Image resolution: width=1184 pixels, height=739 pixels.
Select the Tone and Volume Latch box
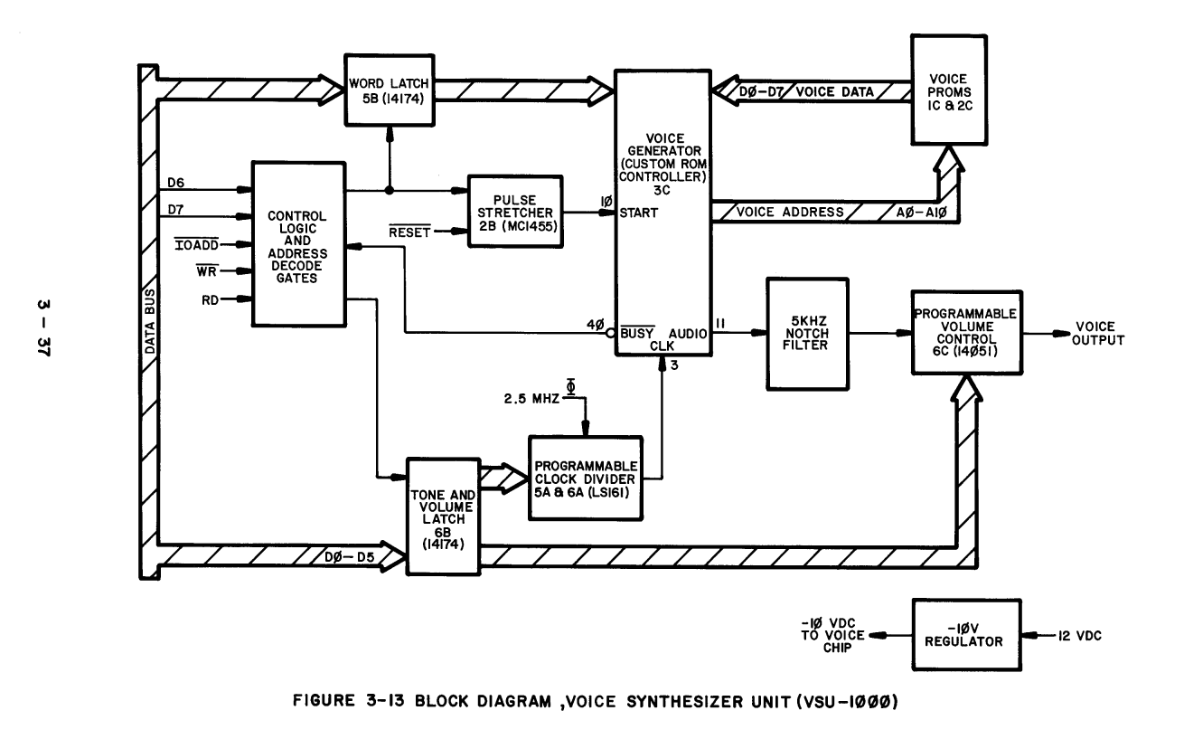[443, 516]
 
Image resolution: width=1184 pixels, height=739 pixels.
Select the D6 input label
[176, 184]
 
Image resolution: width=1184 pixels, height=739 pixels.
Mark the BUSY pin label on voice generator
[638, 333]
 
